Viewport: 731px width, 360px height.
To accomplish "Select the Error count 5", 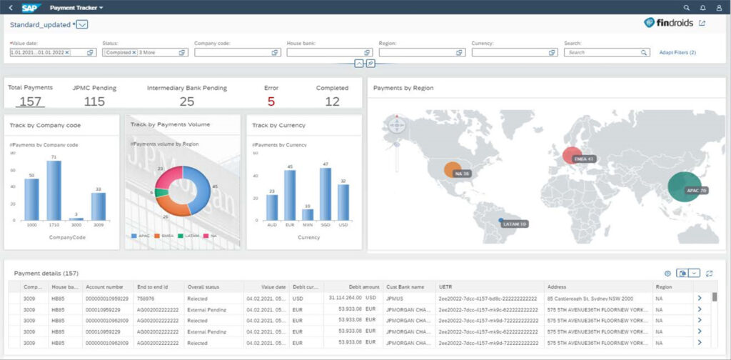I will pos(271,101).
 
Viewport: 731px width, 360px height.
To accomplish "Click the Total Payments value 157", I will pos(30,101).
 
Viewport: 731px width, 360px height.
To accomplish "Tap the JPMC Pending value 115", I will pos(94,101).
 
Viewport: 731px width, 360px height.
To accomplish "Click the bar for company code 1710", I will pos(54,190).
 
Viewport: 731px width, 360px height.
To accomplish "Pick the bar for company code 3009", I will pos(99,206).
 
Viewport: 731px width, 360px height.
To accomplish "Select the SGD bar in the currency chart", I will pos(326,194).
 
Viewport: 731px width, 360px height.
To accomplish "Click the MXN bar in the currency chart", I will pos(308,214).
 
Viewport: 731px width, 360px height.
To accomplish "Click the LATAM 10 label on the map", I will pos(514,224).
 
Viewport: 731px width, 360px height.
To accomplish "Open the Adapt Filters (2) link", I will pos(677,52).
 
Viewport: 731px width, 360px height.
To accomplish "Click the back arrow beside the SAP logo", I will pos(11,7).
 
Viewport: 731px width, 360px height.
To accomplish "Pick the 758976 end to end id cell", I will pos(147,298).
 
